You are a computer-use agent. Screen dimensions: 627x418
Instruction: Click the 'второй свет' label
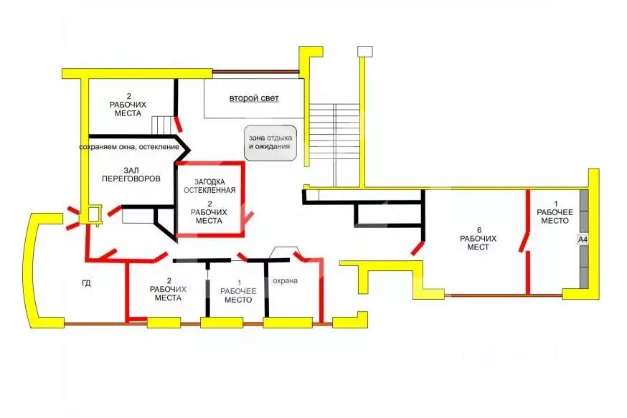tap(254, 98)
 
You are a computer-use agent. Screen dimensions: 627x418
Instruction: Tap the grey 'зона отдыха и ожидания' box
tap(270, 143)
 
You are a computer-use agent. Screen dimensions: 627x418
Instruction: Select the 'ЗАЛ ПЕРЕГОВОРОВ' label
tap(131, 175)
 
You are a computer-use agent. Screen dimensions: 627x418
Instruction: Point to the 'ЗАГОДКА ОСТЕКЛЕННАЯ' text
tap(209, 186)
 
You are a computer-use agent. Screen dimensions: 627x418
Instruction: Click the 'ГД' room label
tap(86, 283)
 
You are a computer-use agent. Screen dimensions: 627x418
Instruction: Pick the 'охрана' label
tap(285, 280)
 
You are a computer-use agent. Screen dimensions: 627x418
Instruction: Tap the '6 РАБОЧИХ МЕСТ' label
tap(478, 239)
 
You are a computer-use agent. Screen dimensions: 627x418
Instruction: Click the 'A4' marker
tap(583, 239)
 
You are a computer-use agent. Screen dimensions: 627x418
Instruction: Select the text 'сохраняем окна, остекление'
tap(129, 147)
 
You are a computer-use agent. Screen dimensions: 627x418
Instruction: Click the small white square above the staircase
tap(364, 51)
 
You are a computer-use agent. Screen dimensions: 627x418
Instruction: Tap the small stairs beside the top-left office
tap(163, 125)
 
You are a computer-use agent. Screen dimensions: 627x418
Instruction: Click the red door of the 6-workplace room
tap(418, 248)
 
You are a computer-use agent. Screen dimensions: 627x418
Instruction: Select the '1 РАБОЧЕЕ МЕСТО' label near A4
tap(555, 212)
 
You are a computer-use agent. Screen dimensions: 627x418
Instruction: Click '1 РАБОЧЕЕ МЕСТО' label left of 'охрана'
tap(238, 291)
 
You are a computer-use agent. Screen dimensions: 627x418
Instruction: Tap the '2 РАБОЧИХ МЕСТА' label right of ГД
tap(169, 290)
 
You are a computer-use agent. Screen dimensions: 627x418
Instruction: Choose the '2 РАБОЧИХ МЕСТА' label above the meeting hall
tap(128, 105)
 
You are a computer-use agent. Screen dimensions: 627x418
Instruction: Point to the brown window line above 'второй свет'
tap(255, 72)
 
